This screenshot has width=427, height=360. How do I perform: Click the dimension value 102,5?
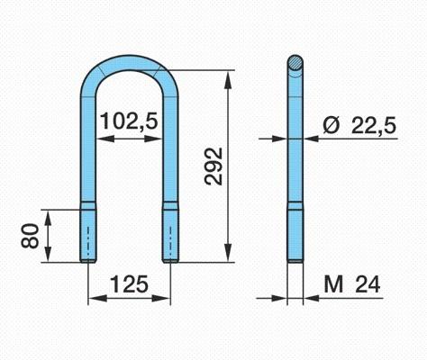[129, 121]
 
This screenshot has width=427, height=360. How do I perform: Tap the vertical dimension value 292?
[213, 166]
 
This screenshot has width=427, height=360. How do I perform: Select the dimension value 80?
[30, 236]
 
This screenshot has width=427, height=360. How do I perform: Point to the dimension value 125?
[130, 284]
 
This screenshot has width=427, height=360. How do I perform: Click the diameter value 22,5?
[374, 125]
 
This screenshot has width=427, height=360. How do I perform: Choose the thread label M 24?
[352, 284]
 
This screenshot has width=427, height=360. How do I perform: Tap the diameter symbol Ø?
[332, 125]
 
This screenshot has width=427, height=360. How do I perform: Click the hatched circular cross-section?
[295, 62]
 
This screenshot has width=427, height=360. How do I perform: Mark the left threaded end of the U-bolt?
[88, 236]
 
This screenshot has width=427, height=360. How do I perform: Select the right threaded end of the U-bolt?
[170, 236]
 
